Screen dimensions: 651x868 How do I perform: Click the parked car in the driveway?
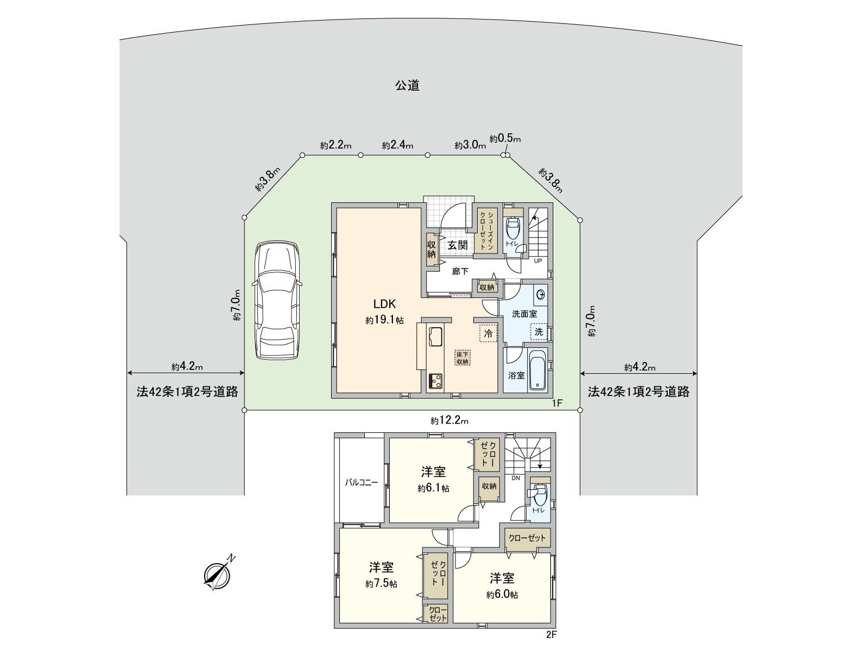coord(278,299)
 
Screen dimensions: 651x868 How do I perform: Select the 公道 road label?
coord(407,85)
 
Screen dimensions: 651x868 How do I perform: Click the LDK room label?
coord(384,304)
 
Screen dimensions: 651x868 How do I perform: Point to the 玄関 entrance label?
coord(457,245)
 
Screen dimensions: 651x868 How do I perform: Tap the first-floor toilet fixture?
coord(512,229)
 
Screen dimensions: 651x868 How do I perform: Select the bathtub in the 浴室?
coord(537,371)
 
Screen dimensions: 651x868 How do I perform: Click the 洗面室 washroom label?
coord(524,314)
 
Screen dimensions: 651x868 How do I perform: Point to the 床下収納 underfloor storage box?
coord(462,358)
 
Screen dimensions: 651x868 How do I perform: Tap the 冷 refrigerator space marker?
coord(488,334)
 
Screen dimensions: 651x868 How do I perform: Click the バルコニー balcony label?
coord(362,482)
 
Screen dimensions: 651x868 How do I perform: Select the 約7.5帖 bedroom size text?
coord(381,584)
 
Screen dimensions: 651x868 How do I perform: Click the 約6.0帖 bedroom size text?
coord(502,595)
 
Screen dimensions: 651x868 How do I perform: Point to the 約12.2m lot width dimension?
coord(449,420)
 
